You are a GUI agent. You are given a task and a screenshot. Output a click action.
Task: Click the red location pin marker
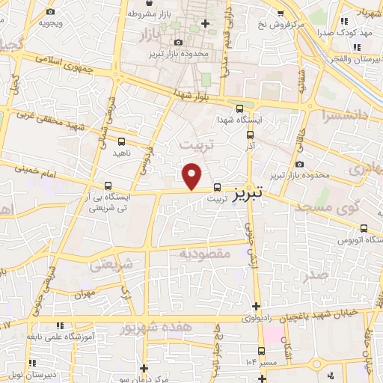point(192,176)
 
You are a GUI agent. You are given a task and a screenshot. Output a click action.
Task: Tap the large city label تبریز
point(244,192)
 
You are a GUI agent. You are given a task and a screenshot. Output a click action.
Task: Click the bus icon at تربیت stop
point(217,188)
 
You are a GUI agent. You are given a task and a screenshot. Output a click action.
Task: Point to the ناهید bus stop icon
point(122,141)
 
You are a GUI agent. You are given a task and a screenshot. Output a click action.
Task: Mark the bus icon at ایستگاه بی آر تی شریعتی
point(108,185)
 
